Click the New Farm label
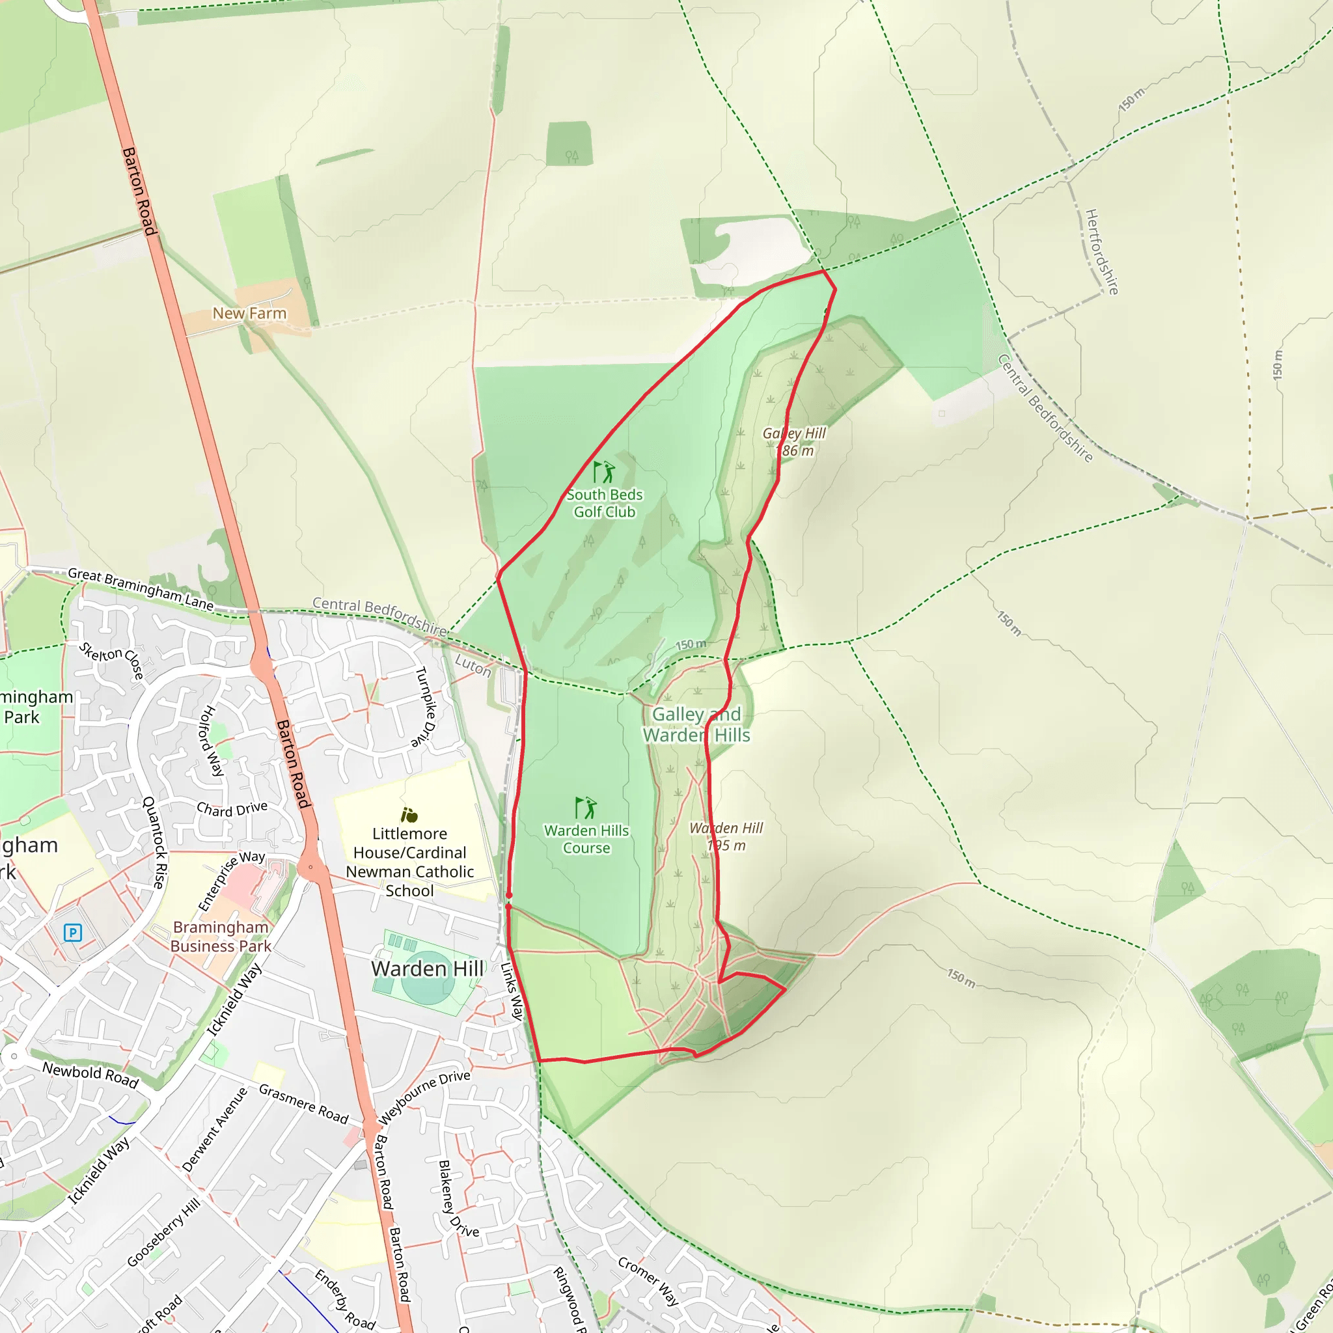pos(249,313)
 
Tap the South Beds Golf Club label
pos(605,503)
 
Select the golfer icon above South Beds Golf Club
pos(604,472)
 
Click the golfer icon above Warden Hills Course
pos(586,807)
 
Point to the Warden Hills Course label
pos(586,839)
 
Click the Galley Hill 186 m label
pos(794,441)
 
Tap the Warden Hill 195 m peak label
pos(726,836)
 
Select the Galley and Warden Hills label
pos(696,724)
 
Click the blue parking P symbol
pos(72,933)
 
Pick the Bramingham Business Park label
pos(221,936)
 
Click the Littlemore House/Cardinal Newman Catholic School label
pos(410,862)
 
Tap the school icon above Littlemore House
pos(409,815)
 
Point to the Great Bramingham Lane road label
pos(141,588)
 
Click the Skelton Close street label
pos(111,660)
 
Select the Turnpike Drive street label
pos(426,706)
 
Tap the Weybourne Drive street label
pos(424,1096)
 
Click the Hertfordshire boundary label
pos(1102,252)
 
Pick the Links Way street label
pos(512,991)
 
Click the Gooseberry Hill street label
pos(163,1232)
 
